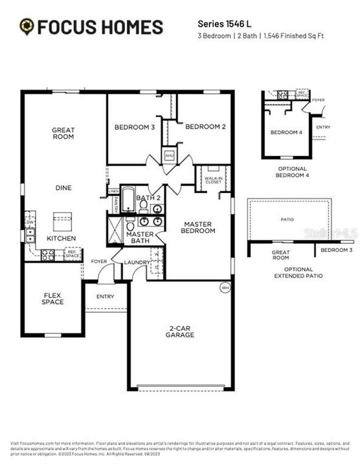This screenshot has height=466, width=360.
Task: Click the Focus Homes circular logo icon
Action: (27, 27)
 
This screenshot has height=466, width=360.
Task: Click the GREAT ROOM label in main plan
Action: (63, 133)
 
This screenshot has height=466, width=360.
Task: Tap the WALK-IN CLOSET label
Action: (213, 179)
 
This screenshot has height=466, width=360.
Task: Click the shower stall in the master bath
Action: (115, 230)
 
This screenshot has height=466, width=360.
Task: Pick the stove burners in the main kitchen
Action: (48, 255)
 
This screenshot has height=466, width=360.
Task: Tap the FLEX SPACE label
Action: (52, 299)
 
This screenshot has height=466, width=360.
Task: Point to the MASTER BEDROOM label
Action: (199, 227)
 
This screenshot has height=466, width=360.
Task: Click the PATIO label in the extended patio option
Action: (287, 219)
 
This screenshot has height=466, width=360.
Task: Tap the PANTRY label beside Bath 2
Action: (115, 203)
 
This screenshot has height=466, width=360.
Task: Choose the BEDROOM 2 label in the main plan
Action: (205, 127)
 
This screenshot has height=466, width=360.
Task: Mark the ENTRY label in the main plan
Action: (105, 296)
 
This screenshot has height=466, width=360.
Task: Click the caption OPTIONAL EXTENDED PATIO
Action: (289, 272)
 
